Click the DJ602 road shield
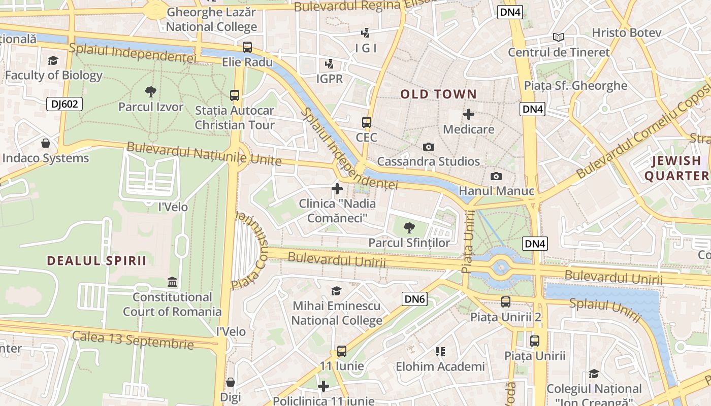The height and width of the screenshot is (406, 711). [64, 105]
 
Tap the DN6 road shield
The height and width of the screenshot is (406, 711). [414, 299]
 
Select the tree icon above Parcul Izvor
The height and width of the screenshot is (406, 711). [150, 92]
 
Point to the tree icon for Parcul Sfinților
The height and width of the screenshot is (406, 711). [409, 227]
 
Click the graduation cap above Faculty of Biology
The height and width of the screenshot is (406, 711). [53, 61]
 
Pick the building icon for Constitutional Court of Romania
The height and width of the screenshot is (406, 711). [172, 282]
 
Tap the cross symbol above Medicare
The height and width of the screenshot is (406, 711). [468, 114]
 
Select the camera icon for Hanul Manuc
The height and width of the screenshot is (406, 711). [496, 176]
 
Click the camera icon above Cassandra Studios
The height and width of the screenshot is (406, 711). [429, 147]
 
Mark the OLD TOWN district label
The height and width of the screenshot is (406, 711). [438, 94]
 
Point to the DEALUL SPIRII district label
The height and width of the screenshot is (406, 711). [96, 261]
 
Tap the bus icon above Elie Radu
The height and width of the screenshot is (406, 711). [247, 47]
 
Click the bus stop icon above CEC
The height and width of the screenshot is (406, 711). [366, 122]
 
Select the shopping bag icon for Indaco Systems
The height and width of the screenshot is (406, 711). [46, 143]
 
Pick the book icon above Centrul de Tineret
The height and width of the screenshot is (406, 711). [559, 37]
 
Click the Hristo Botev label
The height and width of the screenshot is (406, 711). [626, 33]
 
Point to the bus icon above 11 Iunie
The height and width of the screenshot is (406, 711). [342, 351]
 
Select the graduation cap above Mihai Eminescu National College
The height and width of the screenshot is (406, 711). [336, 291]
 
